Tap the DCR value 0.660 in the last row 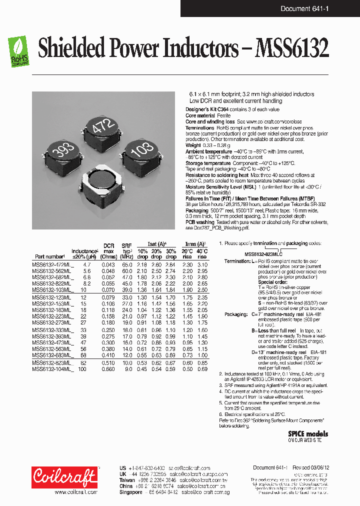pyautogui.click(x=108, y=369)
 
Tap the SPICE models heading pyautogui.click(x=308, y=433)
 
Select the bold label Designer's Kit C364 pyautogui.click(x=210, y=109)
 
